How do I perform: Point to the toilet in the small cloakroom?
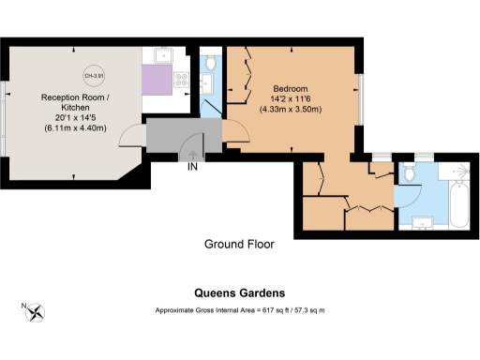210,63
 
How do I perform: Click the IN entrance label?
192,168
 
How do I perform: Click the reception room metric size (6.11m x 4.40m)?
76,127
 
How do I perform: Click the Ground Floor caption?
239,245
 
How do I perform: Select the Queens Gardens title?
239,292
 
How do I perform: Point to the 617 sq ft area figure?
272,310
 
